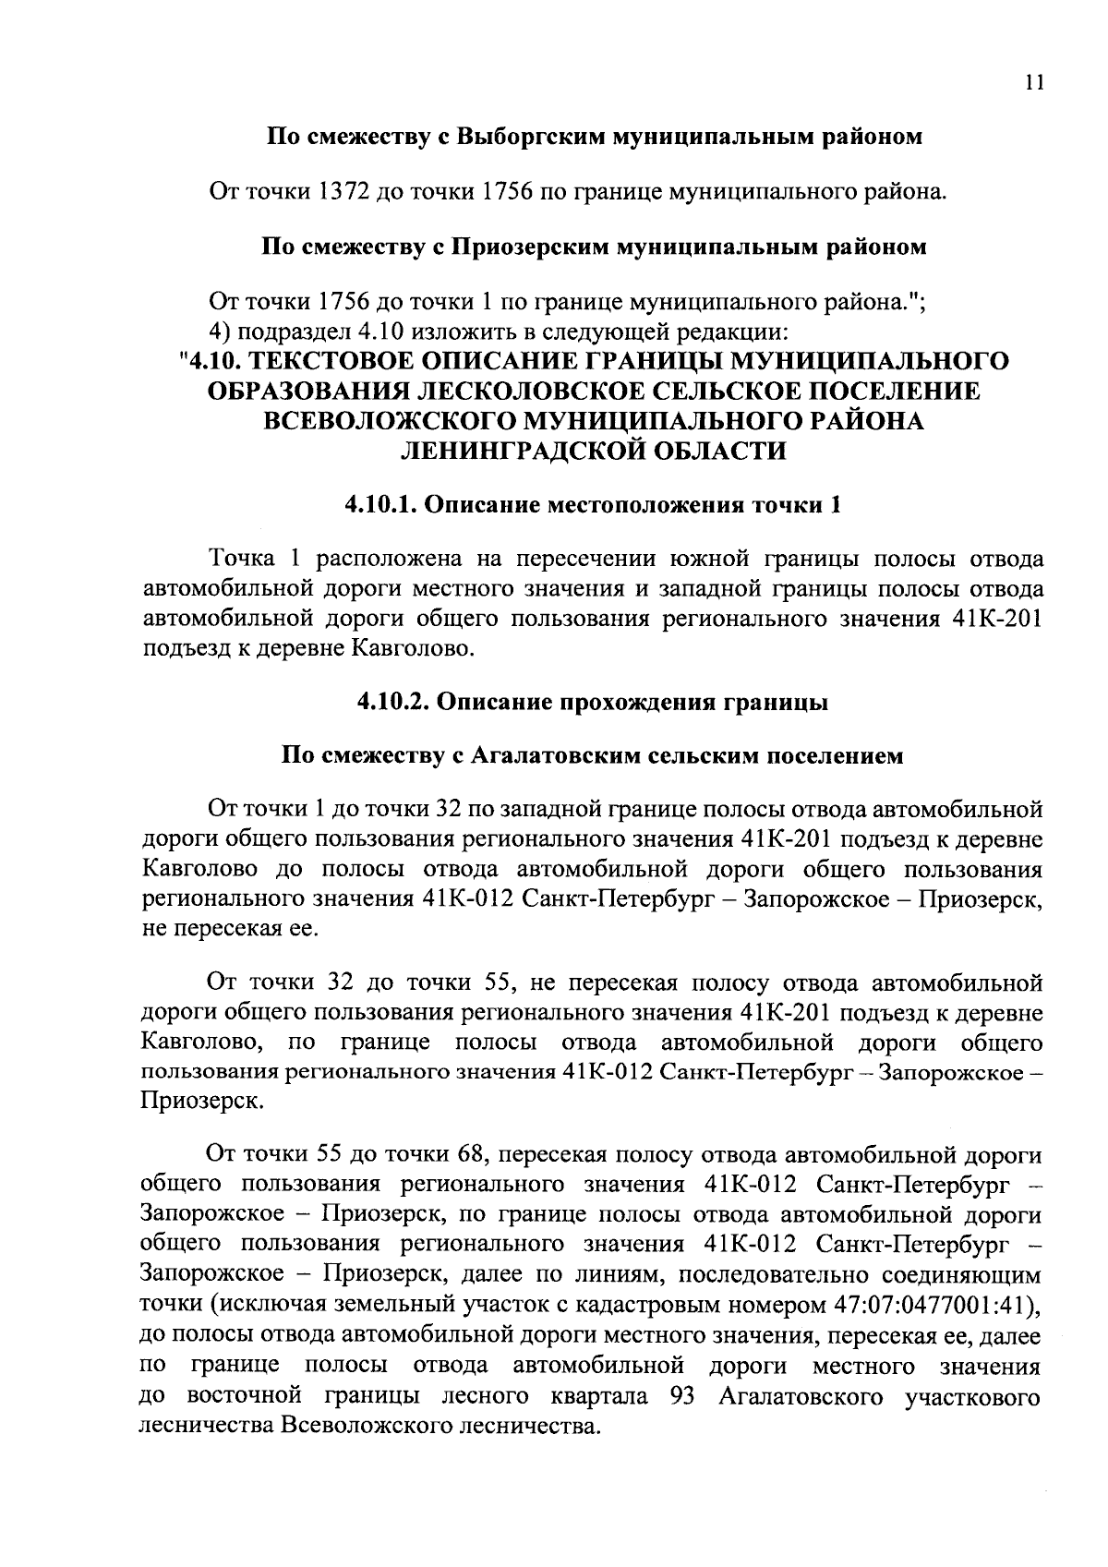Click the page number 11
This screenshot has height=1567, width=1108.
click(x=1033, y=83)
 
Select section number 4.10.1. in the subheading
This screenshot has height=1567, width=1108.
click(x=383, y=506)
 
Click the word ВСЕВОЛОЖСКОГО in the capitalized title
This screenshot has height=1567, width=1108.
click(x=391, y=421)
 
